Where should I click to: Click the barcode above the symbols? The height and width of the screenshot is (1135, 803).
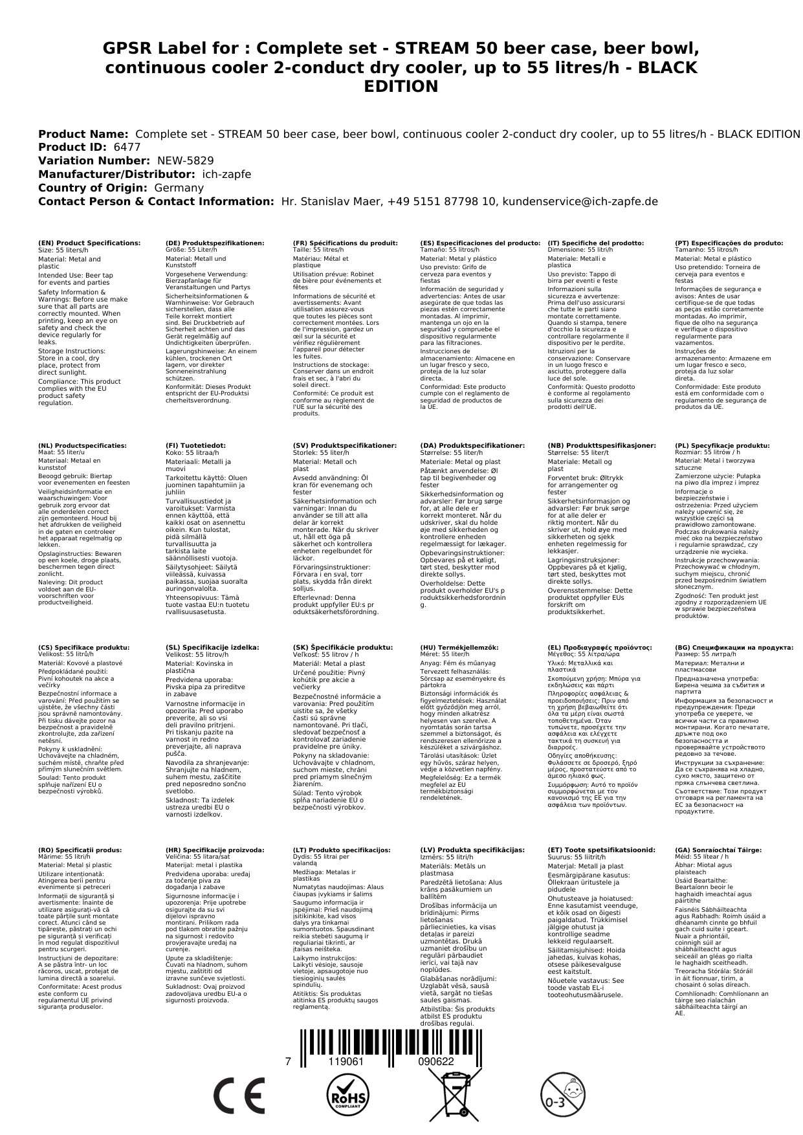click(x=391, y=1046)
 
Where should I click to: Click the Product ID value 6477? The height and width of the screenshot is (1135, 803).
click(x=127, y=148)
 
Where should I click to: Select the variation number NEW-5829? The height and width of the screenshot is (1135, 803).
click(x=185, y=161)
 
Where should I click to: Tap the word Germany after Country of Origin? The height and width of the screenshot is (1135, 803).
click(x=179, y=188)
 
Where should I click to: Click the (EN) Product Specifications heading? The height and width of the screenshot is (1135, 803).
click(x=89, y=243)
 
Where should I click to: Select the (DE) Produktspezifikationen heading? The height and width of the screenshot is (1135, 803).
click(x=215, y=243)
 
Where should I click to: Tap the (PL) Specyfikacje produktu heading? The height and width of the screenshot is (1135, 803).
click(x=722, y=446)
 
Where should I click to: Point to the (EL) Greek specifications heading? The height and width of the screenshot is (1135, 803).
click(x=600, y=648)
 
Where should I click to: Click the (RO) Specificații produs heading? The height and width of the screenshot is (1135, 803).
click(x=80, y=850)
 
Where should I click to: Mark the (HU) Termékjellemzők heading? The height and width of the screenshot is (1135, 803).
click(x=459, y=648)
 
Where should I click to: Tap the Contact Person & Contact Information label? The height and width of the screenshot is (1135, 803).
click(x=156, y=201)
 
